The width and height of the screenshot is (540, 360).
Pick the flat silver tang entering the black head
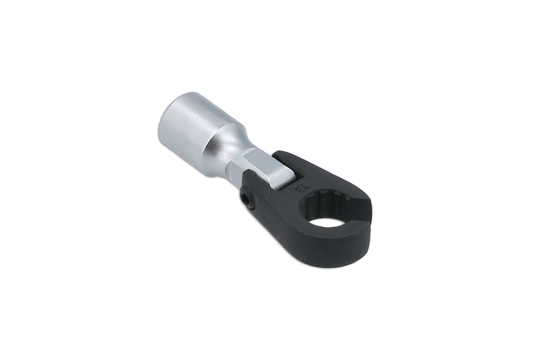point(265,170)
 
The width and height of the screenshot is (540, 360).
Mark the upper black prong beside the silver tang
point(287,157)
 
